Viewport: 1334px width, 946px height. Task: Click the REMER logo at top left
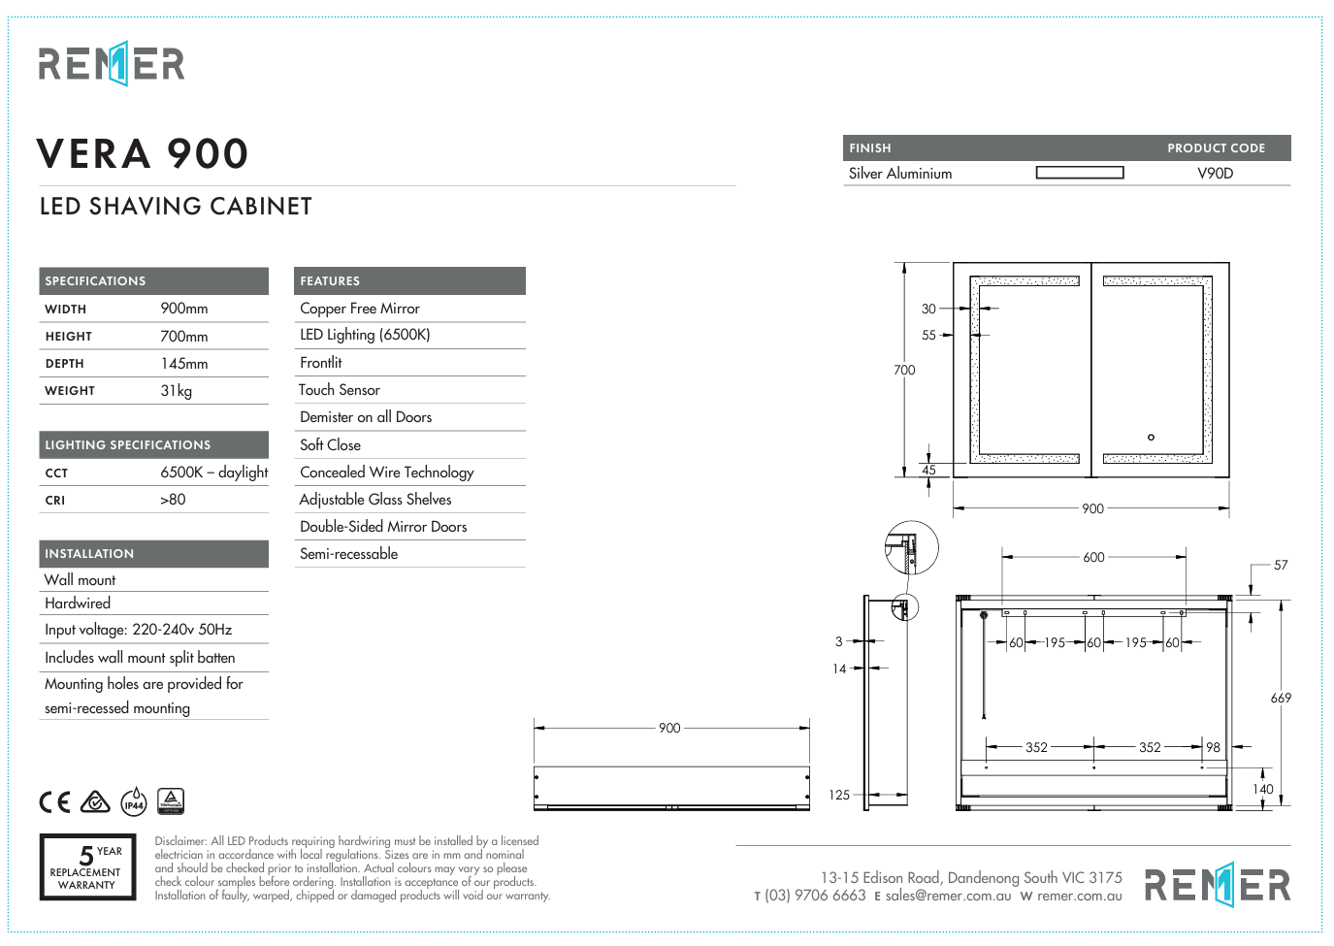pos(112,64)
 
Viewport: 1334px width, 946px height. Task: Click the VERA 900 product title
pos(143,153)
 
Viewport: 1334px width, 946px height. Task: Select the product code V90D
pos(1215,174)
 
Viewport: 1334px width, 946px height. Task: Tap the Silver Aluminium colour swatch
pos(1079,173)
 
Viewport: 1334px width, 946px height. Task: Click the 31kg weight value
pos(177,391)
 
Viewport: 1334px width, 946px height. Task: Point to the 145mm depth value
pos(184,364)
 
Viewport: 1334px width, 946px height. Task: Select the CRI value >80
pos(173,500)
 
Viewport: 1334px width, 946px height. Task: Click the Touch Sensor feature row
pos(340,390)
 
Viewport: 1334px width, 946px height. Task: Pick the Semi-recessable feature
pos(349,554)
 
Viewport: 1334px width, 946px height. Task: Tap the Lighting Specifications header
pos(128,445)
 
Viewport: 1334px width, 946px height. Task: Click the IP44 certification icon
pos(134,801)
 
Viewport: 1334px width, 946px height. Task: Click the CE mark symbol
pos(55,801)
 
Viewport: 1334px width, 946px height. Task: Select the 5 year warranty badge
pos(87,866)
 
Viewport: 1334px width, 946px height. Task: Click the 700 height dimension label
pos(904,370)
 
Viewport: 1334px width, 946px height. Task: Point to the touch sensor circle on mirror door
pos(1151,437)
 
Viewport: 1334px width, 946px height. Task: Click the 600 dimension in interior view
pos(1093,557)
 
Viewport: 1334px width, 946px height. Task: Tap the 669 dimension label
pos(1281,698)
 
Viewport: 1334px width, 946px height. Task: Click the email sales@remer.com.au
pos(948,897)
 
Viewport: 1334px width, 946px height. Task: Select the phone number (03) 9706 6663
pos(815,896)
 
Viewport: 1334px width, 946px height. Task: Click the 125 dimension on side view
pos(839,795)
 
